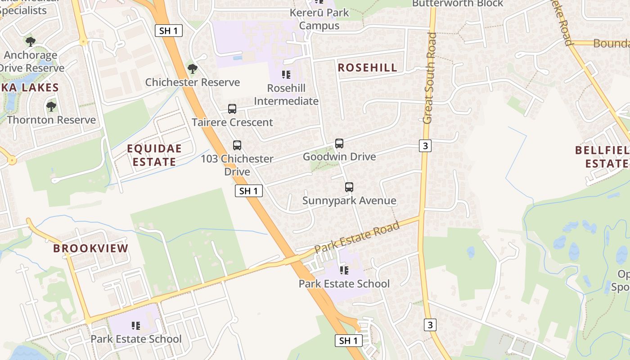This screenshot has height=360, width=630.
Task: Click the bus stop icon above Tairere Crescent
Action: point(232,109)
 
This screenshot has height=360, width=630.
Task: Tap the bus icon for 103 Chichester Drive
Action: point(237,145)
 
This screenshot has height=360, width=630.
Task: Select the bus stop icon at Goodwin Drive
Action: point(339,144)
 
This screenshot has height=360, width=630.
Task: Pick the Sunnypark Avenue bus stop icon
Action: point(349,187)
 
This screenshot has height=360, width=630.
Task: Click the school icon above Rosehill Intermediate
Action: point(286,74)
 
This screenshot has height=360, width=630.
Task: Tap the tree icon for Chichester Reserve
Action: point(193,69)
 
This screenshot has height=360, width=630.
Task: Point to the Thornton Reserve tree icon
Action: point(51,107)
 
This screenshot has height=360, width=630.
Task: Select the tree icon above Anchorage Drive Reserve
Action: point(31,42)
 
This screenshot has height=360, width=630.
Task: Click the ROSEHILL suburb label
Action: point(368,67)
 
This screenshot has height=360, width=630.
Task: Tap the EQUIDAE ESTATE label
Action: point(154,155)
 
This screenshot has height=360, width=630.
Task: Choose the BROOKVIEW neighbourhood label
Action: point(91,248)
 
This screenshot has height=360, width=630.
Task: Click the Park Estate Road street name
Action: point(357,237)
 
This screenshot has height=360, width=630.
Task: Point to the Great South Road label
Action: point(429,78)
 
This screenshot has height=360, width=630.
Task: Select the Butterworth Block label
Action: point(458,4)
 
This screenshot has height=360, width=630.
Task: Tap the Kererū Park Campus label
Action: point(319,19)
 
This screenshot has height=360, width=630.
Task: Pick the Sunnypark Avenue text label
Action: point(349,201)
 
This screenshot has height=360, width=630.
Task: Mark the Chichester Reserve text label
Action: point(193,82)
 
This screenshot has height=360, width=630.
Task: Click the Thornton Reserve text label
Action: point(51,120)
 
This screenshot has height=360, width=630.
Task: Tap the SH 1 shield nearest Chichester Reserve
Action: point(169,31)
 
